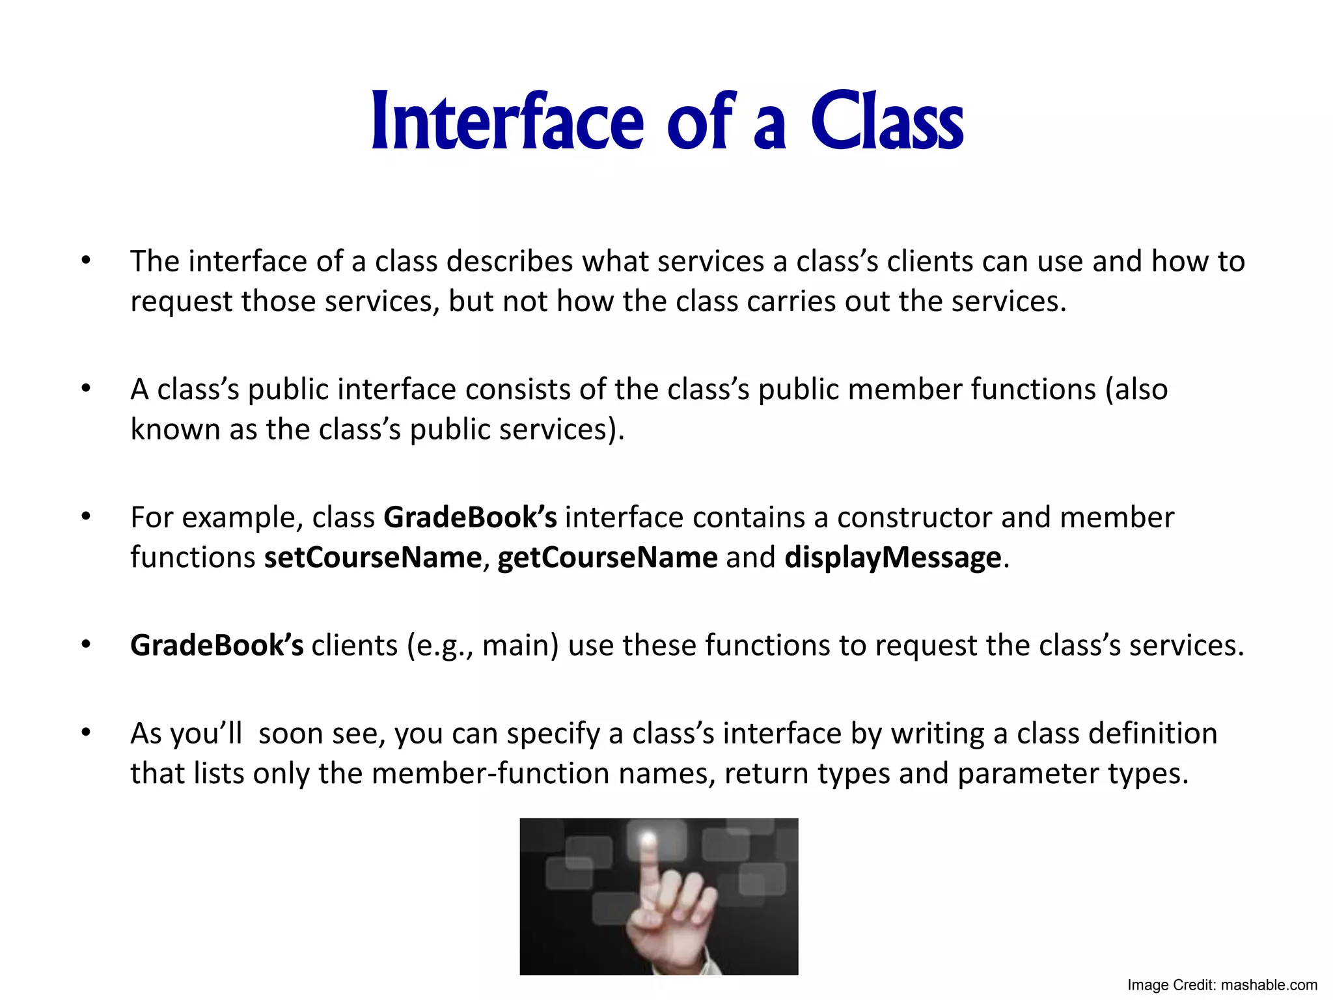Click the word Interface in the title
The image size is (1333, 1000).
(x=507, y=122)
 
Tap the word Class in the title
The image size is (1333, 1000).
(x=886, y=122)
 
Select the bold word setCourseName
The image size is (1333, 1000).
(x=372, y=558)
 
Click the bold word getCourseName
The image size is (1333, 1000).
(x=607, y=558)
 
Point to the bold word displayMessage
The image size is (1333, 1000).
(x=892, y=558)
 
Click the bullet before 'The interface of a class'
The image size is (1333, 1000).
(x=86, y=261)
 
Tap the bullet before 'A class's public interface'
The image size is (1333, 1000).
(x=86, y=389)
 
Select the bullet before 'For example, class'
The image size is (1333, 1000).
(x=86, y=518)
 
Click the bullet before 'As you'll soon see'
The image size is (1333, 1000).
(x=86, y=734)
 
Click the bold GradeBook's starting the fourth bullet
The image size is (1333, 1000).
(x=217, y=646)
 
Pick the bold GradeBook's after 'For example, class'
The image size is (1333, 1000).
(x=470, y=518)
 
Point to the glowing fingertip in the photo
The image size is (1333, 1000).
(x=648, y=840)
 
